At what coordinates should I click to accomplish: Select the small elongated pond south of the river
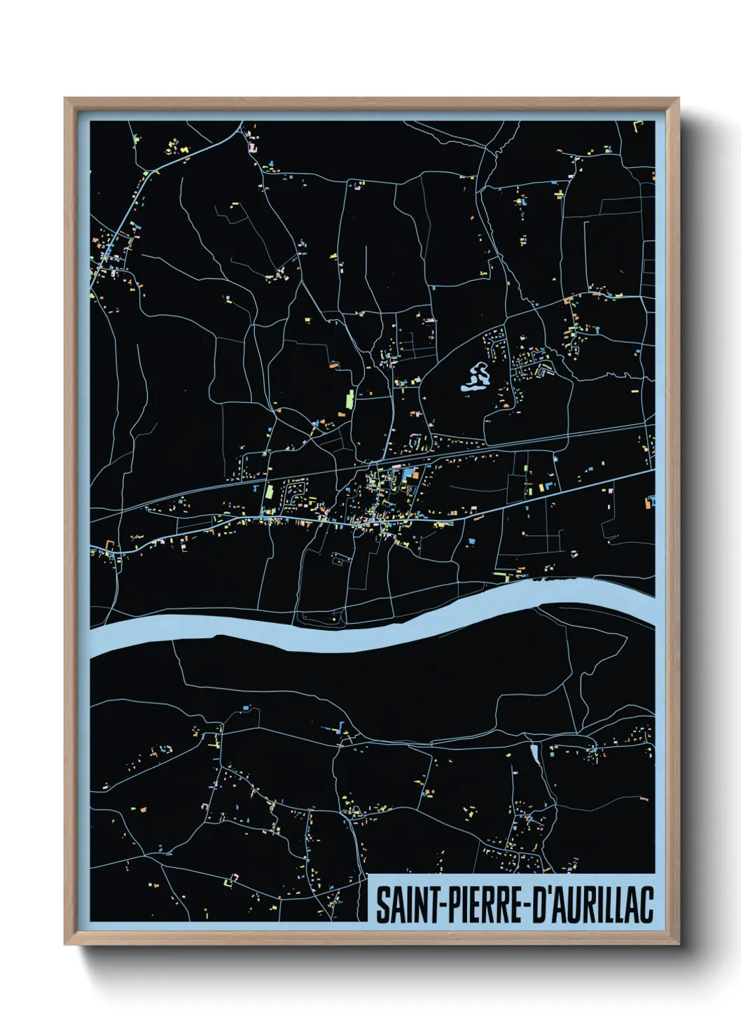[536, 754]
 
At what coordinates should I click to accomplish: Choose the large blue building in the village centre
[406, 476]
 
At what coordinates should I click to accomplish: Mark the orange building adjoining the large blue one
[416, 475]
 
